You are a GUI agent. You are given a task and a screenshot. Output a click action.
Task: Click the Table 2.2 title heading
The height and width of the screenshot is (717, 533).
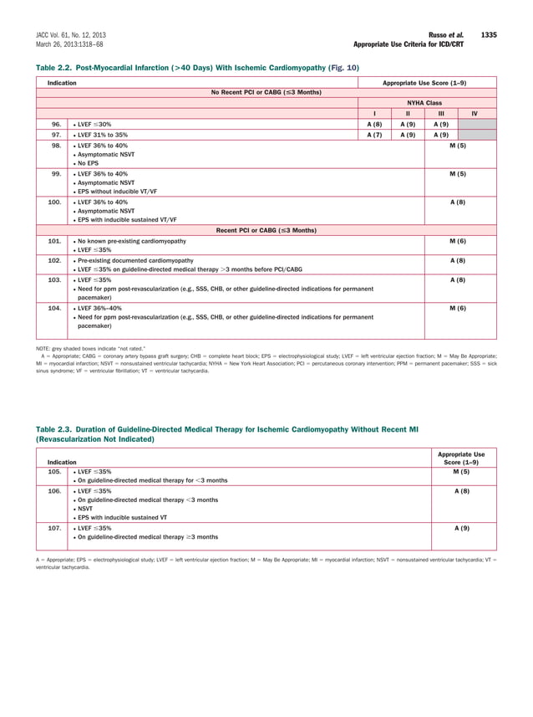(x=197, y=66)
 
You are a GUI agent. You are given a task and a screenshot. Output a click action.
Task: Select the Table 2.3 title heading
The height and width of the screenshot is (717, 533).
(x=226, y=433)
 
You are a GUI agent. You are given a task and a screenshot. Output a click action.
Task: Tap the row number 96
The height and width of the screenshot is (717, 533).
(x=55, y=124)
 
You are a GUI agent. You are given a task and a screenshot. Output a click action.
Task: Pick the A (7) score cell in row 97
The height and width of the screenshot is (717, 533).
(x=374, y=134)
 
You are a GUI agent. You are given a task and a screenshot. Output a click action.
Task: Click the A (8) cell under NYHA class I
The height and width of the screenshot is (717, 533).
(x=374, y=124)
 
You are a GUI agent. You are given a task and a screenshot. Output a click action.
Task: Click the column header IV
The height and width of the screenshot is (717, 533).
(x=475, y=112)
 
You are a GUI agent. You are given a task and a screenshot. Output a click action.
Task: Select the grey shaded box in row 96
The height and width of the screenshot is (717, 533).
(x=475, y=124)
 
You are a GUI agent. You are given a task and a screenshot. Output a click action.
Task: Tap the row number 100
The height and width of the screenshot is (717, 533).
(x=55, y=202)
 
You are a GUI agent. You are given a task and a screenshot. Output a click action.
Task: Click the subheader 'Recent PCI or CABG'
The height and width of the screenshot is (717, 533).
(x=266, y=229)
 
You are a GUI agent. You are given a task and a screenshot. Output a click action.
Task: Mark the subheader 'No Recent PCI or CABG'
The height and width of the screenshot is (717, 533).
(x=266, y=91)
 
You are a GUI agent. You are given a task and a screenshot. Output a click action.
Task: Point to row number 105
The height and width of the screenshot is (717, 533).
(x=55, y=472)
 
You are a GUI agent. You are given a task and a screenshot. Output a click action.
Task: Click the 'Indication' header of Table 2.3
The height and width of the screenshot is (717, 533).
(x=62, y=462)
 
